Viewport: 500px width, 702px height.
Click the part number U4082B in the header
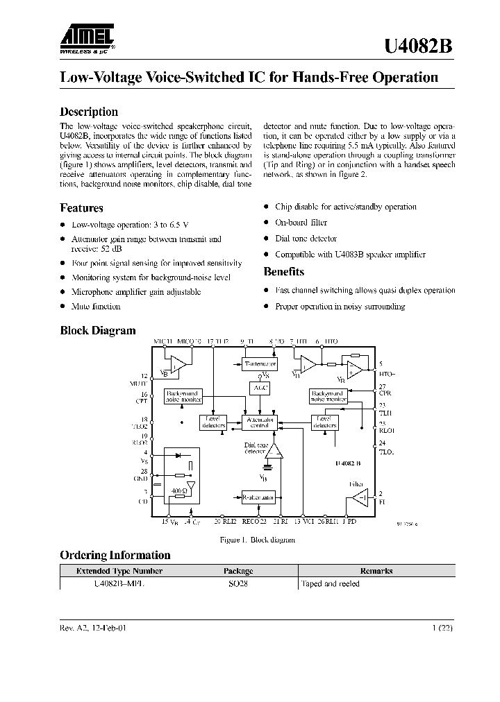419,46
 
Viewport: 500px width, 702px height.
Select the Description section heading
89,112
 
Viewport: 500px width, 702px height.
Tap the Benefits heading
283,271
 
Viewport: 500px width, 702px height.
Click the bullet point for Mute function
63,306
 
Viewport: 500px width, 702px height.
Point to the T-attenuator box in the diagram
260,363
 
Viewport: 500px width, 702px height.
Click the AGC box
260,388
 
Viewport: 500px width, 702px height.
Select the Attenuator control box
260,424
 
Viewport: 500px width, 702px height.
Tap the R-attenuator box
258,497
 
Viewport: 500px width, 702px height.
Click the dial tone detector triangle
276,452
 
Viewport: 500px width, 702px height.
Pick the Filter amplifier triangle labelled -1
360,497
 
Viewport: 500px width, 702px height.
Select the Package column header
238,571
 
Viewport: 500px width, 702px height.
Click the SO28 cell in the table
238,584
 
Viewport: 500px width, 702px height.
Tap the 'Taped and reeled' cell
331,584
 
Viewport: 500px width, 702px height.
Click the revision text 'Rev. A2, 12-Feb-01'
94,628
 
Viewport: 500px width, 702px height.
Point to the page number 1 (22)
443,628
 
